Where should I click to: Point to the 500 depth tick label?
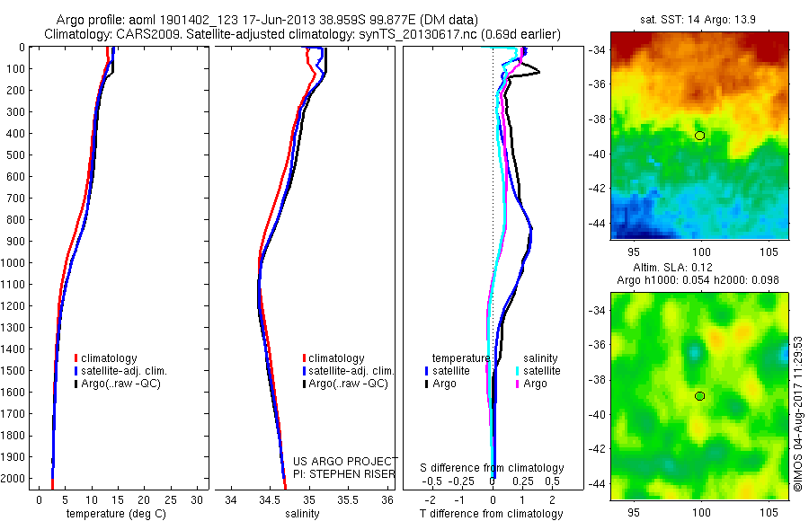pos(16,155)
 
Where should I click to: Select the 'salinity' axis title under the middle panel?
pos(302,514)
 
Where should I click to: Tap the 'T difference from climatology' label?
pos(493,514)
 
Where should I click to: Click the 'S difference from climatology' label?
pos(493,468)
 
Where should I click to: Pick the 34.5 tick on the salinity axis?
pos(271,499)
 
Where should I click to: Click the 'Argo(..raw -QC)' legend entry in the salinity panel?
pos(347,384)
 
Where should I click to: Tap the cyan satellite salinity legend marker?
pos(518,371)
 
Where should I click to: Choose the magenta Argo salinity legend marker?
pos(518,384)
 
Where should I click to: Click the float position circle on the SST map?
pos(699,136)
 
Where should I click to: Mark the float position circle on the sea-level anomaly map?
pos(699,396)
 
